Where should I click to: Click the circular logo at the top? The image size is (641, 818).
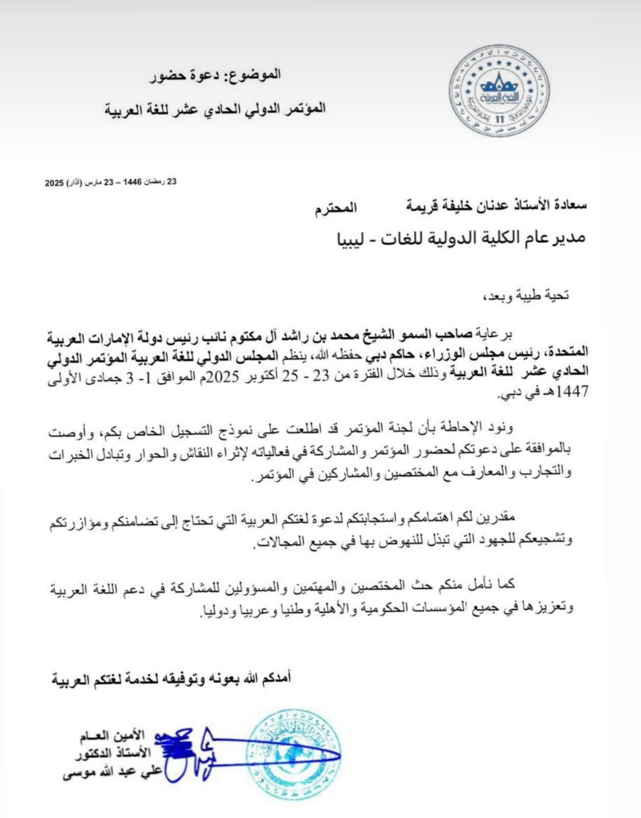(499, 92)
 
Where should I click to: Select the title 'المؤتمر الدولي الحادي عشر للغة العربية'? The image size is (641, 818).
(215, 109)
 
